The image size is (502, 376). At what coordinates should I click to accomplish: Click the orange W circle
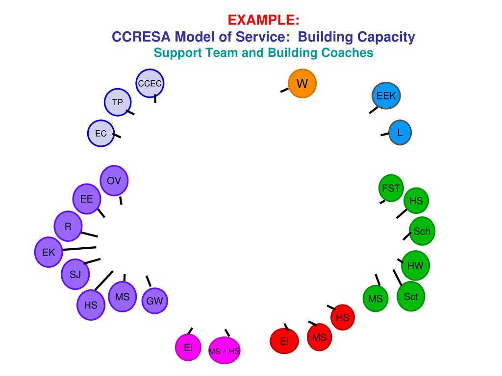pyautogui.click(x=302, y=84)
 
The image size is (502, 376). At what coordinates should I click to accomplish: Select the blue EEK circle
pyautogui.click(x=386, y=96)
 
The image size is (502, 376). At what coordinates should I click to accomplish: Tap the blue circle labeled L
pyautogui.click(x=400, y=132)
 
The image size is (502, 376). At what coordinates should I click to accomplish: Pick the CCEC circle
pyautogui.click(x=150, y=83)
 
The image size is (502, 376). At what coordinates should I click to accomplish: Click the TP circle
pyautogui.click(x=118, y=102)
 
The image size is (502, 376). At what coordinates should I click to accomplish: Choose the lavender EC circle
pyautogui.click(x=101, y=133)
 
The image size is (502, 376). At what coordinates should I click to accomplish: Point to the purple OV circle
pyautogui.click(x=114, y=181)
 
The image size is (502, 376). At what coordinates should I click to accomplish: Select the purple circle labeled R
pyautogui.click(x=68, y=226)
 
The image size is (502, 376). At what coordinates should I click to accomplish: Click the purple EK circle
pyautogui.click(x=49, y=253)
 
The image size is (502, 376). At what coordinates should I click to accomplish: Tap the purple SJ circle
pyautogui.click(x=75, y=274)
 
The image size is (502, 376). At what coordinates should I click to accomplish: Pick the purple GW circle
pyautogui.click(x=154, y=301)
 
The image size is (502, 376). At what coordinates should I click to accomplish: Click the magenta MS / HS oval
pyautogui.click(x=225, y=351)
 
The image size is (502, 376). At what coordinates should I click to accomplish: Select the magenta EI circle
pyautogui.click(x=188, y=348)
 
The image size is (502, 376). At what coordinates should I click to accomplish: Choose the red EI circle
pyautogui.click(x=284, y=341)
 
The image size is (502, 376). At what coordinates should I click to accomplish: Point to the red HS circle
pyautogui.click(x=342, y=317)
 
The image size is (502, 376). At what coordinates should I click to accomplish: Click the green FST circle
pyautogui.click(x=391, y=188)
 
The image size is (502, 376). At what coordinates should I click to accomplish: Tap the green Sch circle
pyautogui.click(x=422, y=231)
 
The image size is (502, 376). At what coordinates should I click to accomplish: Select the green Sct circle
pyautogui.click(x=411, y=297)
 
